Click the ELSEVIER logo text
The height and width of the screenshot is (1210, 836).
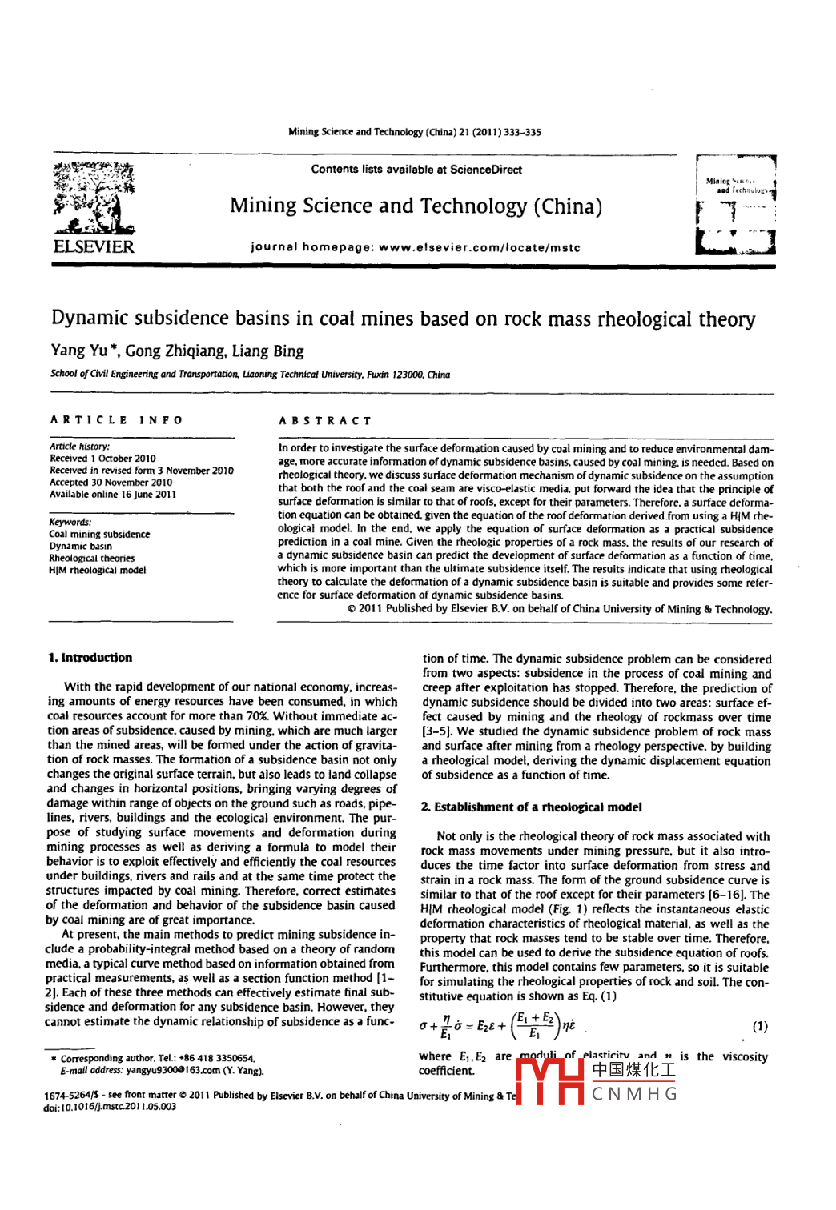(x=94, y=246)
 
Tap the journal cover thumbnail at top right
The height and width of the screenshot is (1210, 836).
(x=736, y=206)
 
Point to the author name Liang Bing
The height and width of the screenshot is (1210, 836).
(x=267, y=351)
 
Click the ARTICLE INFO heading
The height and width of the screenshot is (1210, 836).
(x=116, y=420)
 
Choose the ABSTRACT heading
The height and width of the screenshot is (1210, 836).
(x=325, y=420)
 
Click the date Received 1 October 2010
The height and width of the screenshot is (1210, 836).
(x=102, y=459)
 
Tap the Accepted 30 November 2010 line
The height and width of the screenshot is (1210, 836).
(x=111, y=483)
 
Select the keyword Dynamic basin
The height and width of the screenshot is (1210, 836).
(x=80, y=547)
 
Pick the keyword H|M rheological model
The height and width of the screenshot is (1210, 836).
(x=97, y=571)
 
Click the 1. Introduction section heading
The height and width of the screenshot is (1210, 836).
(x=90, y=658)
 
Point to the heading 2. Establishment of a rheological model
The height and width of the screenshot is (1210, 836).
(x=531, y=807)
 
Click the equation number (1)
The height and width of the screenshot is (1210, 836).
(x=760, y=1027)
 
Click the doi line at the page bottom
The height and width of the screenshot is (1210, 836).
(x=110, y=1107)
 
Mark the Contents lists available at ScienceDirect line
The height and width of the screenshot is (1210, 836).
(x=416, y=170)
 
